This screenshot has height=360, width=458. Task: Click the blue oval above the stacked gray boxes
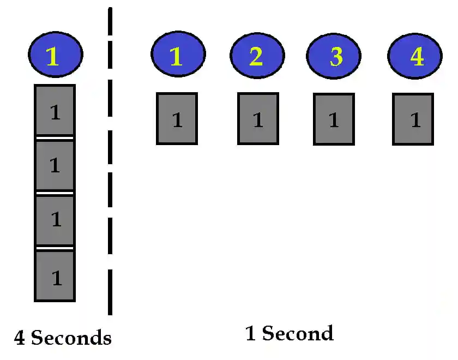point(55,55)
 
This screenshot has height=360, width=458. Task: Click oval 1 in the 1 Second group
point(178,55)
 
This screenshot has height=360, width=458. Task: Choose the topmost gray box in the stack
point(55,111)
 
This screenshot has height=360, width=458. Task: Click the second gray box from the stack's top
point(55,166)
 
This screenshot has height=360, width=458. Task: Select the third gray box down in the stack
point(55,220)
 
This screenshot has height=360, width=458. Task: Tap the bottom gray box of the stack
point(55,276)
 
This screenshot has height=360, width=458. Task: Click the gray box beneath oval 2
point(258,118)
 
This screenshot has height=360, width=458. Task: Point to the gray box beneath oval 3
point(334,118)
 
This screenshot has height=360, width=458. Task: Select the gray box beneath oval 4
point(413,118)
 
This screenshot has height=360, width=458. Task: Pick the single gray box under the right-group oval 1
point(177,118)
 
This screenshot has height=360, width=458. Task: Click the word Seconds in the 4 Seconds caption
point(71,338)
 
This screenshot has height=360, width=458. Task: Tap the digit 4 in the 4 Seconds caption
point(20,339)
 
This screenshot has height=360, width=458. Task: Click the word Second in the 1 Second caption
point(298,333)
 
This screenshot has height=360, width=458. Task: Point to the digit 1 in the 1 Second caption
point(251,333)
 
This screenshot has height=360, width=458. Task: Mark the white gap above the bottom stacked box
point(55,248)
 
